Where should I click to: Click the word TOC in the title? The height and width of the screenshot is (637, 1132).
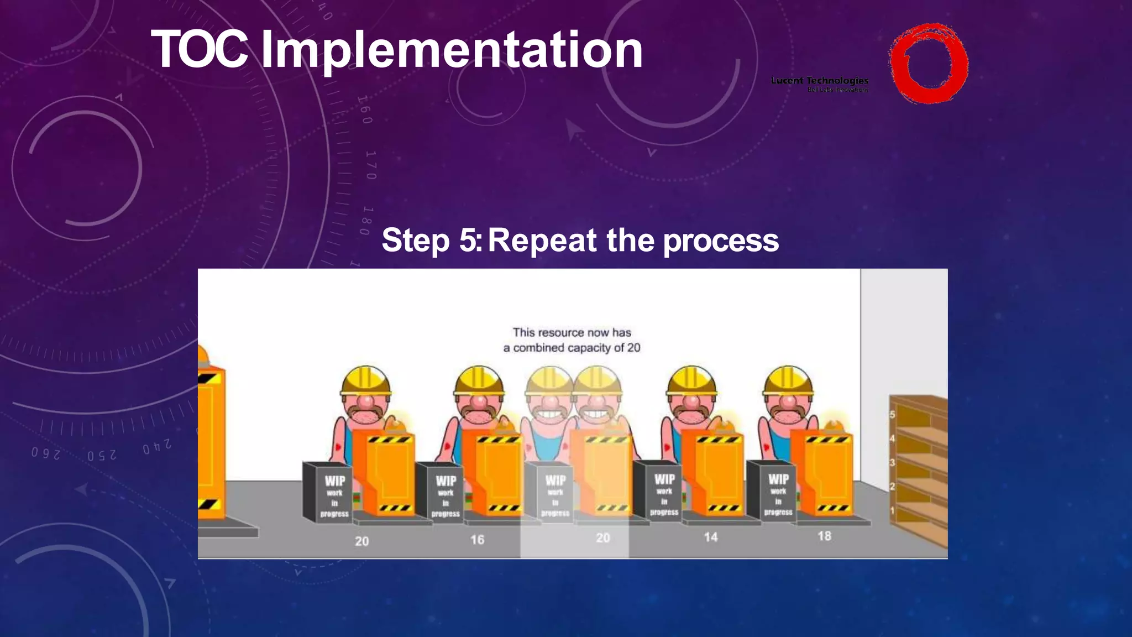coord(200,50)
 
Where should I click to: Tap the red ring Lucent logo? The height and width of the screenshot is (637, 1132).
coord(928,64)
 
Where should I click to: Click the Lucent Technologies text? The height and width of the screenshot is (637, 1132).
coord(819,81)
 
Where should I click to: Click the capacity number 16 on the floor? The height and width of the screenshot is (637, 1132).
coord(478,540)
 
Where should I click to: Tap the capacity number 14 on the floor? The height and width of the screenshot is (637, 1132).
coord(711,537)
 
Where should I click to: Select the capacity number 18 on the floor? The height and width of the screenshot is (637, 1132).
coord(824,536)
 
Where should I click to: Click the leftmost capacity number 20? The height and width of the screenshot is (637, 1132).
coord(362,541)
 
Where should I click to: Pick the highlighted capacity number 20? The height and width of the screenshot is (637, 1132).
coord(603,538)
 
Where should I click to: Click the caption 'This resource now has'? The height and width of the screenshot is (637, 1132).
coord(572,332)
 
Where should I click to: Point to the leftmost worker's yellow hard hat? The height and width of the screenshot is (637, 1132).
coord(365,380)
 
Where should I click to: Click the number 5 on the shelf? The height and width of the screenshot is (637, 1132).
coord(892,415)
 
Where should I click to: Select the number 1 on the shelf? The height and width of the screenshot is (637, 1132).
coord(892,510)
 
